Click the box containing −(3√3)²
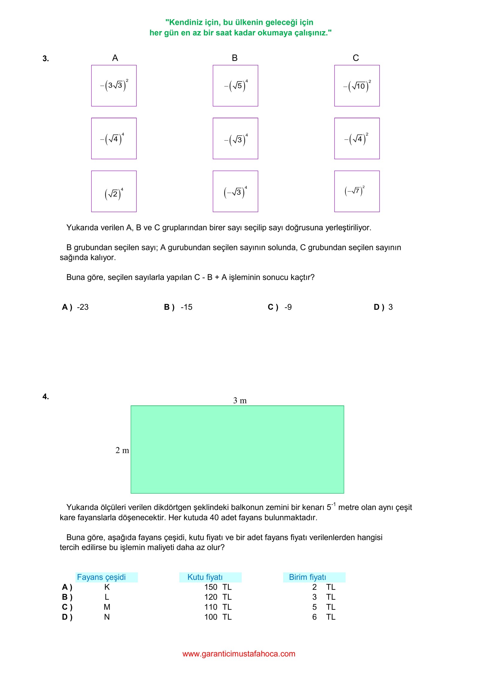coord(114,86)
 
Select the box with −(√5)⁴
coord(235,86)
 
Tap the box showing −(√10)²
coord(357,86)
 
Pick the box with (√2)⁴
coord(114,192)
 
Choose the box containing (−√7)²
coord(357,192)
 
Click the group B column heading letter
coord(235,58)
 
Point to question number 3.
coord(46,58)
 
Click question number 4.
coord(46,397)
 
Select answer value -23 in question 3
coord(83,307)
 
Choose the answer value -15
coord(187,307)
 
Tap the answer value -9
coord(288,307)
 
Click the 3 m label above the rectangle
coord(240,400)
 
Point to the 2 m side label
coord(122,450)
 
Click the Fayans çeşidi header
coord(101,577)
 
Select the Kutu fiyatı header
coord(205,577)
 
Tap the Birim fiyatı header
coord(307,577)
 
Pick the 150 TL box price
coord(218,587)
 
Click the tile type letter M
coord(107,607)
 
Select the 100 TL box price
coord(218,617)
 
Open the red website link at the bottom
coord(239,654)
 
